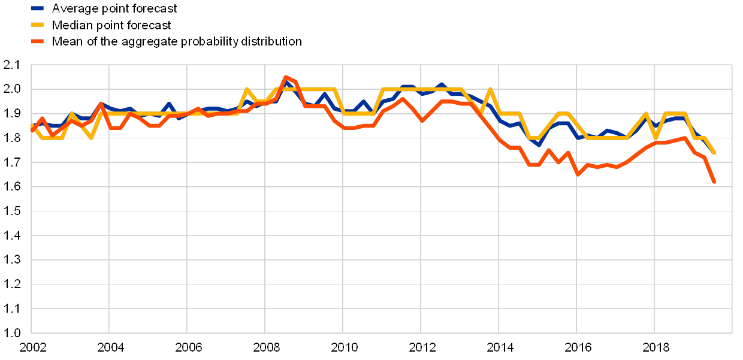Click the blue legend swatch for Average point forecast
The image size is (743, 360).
(38, 8)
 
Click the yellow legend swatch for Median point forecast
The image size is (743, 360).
(38, 25)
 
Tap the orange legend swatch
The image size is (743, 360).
(38, 41)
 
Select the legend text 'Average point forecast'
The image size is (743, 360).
(114, 8)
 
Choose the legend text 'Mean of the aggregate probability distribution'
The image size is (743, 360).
(177, 41)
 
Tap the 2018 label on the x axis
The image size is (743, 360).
(654, 347)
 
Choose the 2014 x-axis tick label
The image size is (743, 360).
(499, 347)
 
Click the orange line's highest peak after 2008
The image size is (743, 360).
(285, 77)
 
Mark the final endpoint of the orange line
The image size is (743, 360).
(715, 182)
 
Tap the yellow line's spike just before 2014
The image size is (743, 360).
(491, 89)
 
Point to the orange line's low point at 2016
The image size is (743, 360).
(577, 174)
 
